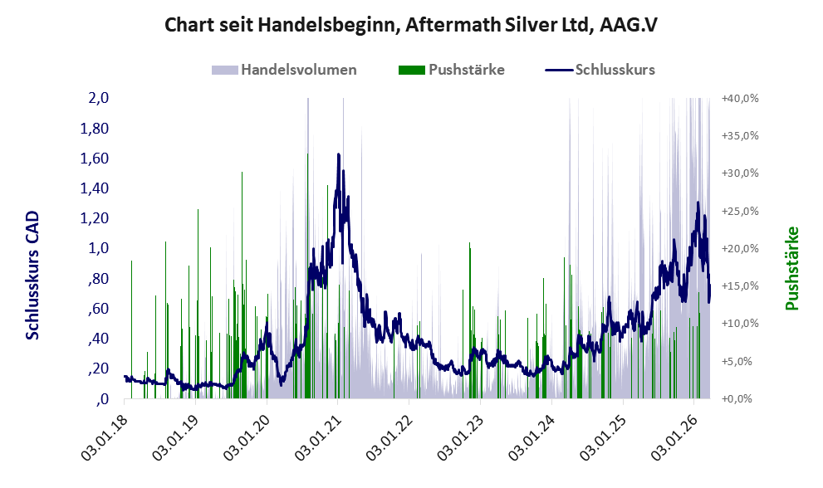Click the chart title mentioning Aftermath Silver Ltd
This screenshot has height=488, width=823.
coord(411,24)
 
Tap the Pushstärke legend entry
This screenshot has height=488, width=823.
coord(466,70)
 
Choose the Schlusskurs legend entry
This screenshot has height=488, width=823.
coord(615,70)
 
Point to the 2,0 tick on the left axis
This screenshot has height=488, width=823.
coord(99,99)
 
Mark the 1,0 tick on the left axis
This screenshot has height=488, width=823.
coord(99,249)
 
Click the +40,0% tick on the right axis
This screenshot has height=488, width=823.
coord(739,99)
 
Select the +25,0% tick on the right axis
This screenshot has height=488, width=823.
coord(739,212)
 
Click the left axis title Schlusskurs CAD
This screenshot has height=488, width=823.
coord(33,275)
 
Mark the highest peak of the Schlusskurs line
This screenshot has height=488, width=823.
coord(338,154)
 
